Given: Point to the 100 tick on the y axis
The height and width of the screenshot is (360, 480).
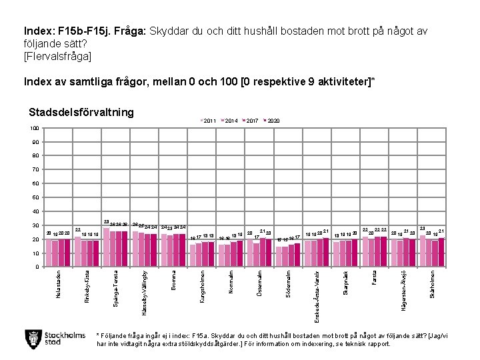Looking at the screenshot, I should click(x=34, y=128).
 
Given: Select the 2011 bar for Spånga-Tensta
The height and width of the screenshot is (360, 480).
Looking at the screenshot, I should click(x=107, y=247).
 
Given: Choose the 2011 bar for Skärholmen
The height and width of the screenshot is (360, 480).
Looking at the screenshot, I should click(x=423, y=251).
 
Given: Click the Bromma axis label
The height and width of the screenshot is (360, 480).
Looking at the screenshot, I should click(x=173, y=279).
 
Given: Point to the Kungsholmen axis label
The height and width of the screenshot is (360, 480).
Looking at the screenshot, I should click(x=202, y=288).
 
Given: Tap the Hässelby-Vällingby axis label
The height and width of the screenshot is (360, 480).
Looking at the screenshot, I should click(x=145, y=292).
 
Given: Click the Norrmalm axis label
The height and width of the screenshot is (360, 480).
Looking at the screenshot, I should click(x=231, y=281).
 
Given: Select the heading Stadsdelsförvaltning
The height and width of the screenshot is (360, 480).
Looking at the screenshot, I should click(x=81, y=112).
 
